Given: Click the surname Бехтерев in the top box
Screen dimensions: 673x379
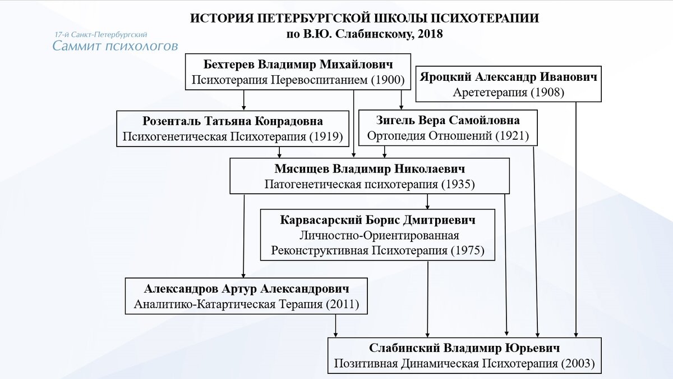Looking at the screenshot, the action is click(x=229, y=65).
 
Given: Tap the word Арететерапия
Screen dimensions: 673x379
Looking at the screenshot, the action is click(x=490, y=92).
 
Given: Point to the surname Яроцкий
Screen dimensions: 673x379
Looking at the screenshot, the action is click(x=446, y=77).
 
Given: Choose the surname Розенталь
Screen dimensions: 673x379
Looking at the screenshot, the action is click(x=172, y=121).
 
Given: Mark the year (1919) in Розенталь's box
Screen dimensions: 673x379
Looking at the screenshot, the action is click(x=326, y=136).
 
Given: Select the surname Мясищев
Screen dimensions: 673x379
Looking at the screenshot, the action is click(x=302, y=169).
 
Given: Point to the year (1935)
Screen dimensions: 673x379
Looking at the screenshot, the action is click(x=458, y=184).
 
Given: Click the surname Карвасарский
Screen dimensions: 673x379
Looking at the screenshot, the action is click(x=321, y=220).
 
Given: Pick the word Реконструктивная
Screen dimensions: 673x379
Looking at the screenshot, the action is click(x=320, y=250).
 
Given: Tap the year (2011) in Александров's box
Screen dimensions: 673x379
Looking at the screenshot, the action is click(x=343, y=304).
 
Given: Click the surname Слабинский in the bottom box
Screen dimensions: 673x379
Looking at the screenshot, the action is click(x=404, y=348).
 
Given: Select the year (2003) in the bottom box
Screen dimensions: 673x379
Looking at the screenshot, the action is click(x=578, y=364).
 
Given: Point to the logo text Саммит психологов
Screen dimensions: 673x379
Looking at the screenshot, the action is click(x=115, y=46).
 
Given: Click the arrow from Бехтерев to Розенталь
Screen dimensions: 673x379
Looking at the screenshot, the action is click(x=243, y=100).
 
